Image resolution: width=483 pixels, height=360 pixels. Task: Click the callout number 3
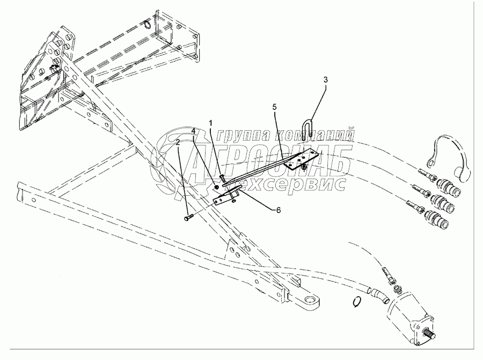(x=325, y=79)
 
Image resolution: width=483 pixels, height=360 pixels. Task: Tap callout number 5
(x=274, y=107)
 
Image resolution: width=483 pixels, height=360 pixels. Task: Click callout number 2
(x=178, y=142)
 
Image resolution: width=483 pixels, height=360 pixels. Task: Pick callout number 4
(x=193, y=130)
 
